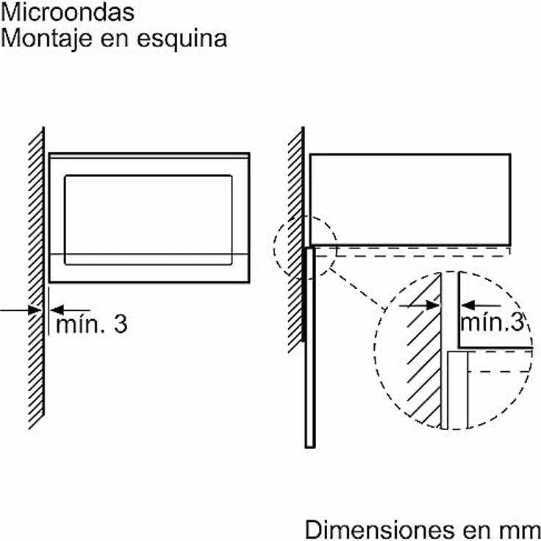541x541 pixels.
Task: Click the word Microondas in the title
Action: click(x=68, y=12)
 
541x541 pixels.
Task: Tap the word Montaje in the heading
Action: click(x=46, y=40)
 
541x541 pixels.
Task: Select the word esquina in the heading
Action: click(x=182, y=40)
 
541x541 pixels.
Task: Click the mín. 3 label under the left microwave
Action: click(x=92, y=324)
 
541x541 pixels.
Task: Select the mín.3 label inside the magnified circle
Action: click(x=492, y=322)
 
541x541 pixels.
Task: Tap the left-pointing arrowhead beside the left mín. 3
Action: click(x=57, y=310)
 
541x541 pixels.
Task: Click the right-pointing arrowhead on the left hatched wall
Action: click(x=35, y=310)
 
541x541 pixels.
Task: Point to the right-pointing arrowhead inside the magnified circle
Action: click(x=433, y=305)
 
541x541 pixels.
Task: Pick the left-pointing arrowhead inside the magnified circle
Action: click(x=467, y=305)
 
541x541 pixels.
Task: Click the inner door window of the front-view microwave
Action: click(x=148, y=220)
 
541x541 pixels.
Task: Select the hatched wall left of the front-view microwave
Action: click(x=36, y=278)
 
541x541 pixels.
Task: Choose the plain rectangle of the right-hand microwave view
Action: click(x=410, y=199)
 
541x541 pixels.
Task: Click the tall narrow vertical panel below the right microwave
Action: click(x=310, y=348)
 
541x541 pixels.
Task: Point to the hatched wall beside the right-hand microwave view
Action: click(x=295, y=240)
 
